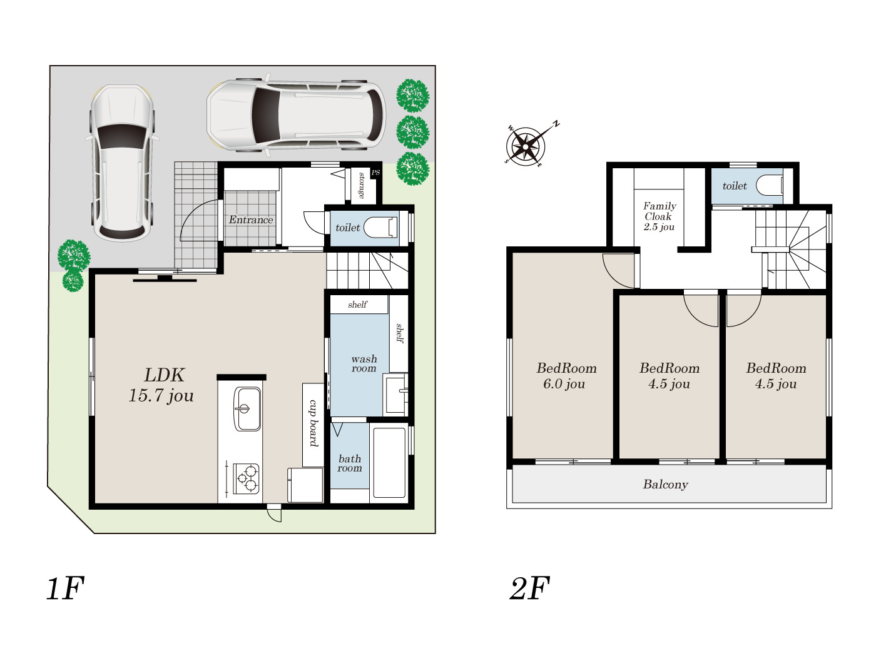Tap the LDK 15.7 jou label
161,385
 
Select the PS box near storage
375,173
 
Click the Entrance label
250,220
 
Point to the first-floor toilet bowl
380,228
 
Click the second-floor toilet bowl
770,185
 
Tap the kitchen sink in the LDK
247,409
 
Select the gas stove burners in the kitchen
247,478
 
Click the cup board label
313,423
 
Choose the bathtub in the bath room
389,462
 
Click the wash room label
364,363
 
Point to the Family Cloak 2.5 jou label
659,216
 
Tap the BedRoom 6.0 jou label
566,375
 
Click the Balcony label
665,484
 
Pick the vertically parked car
122,163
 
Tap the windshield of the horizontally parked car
265,115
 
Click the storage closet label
361,185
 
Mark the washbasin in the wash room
395,394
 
